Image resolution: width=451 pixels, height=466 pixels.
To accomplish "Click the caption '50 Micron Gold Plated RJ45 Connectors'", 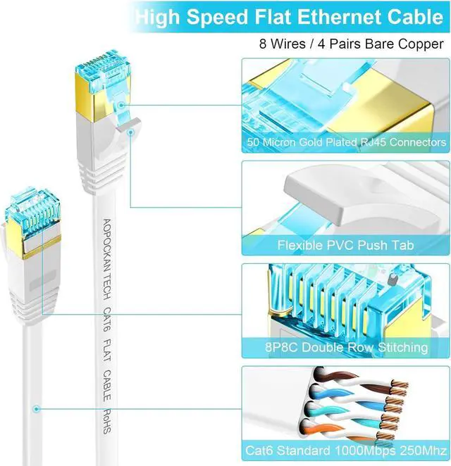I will pyautogui.click(x=346, y=142).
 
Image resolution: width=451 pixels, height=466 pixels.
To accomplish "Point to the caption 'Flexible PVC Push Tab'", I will pyautogui.click(x=346, y=245).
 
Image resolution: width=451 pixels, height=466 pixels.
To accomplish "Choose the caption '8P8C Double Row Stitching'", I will pyautogui.click(x=346, y=347).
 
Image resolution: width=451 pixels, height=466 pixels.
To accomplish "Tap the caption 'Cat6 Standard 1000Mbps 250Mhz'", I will pyautogui.click(x=346, y=450).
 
